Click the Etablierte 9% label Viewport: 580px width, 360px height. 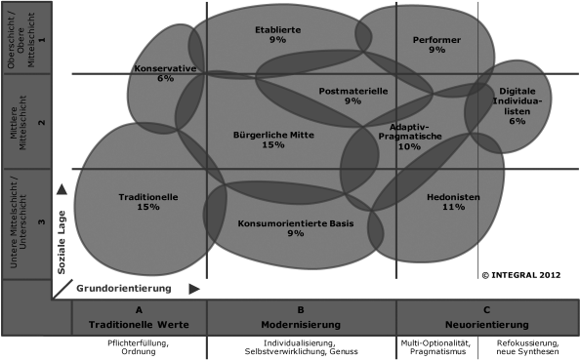click(x=277, y=35)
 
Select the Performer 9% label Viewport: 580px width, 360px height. click(x=436, y=44)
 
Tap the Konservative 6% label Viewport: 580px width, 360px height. click(x=165, y=73)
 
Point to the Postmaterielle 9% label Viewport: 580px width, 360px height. click(x=353, y=96)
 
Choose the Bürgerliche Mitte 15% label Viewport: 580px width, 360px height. click(x=272, y=139)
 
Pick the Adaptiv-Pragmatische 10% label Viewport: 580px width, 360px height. click(x=409, y=136)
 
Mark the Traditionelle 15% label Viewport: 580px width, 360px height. click(x=148, y=201)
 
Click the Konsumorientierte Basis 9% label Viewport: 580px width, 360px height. click(x=296, y=228)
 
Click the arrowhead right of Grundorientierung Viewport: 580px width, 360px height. click(x=194, y=289)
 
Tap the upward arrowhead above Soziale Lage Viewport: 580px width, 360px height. click(x=61, y=188)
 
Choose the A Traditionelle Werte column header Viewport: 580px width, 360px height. click(x=140, y=318)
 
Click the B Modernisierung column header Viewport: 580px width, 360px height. click(x=301, y=318)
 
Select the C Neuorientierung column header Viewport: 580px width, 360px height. click(x=485, y=318)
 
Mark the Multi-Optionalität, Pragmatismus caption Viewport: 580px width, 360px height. click(x=435, y=347)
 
